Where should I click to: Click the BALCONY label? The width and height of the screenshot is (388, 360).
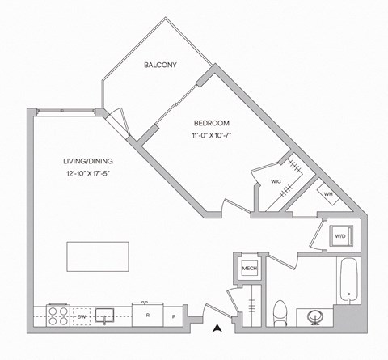click(161, 64)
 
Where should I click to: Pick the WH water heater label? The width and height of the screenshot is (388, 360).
click(329, 194)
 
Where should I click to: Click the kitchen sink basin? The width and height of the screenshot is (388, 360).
click(104, 314)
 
